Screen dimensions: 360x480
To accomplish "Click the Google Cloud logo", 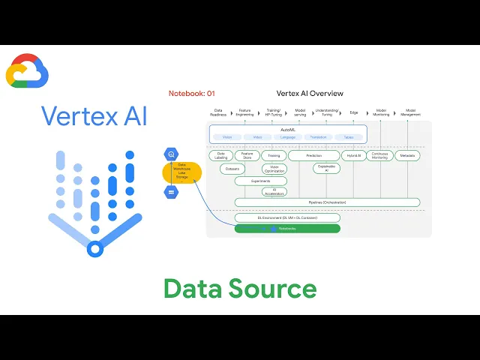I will click(x=27, y=71).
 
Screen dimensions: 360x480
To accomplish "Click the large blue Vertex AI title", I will click(x=94, y=116).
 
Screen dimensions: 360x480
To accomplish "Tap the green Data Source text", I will click(x=240, y=288).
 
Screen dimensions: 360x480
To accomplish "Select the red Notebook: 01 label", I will click(x=192, y=94).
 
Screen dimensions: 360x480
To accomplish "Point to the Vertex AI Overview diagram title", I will click(x=310, y=94).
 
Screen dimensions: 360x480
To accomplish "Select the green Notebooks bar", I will click(x=287, y=228).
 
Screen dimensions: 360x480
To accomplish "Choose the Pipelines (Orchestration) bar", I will click(x=327, y=202).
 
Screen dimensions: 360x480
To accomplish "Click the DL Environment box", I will click(x=287, y=217).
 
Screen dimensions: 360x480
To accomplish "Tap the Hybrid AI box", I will click(x=353, y=156).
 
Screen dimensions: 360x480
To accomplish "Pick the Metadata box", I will click(x=407, y=156).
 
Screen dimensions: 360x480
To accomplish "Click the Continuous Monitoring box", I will click(x=380, y=156).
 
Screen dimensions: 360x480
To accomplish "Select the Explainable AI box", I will click(x=326, y=169).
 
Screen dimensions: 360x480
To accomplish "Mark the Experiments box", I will click(x=261, y=181).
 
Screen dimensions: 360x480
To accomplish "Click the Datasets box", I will click(x=233, y=169).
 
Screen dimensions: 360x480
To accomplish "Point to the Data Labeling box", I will click(x=220, y=156).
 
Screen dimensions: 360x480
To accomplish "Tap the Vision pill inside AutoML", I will click(x=227, y=137).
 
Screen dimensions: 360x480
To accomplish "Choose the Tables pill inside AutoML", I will click(x=349, y=137).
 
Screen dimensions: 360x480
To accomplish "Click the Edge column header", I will click(x=354, y=112).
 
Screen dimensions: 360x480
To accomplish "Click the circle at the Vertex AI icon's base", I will click(x=94, y=248).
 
